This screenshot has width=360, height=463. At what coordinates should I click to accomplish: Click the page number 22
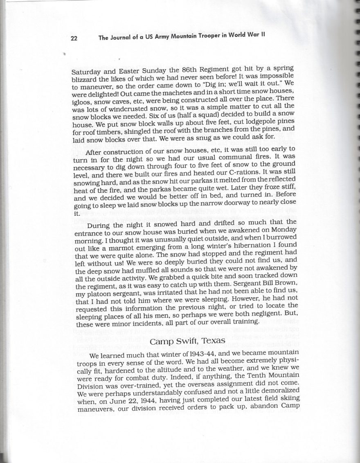tap(74, 38)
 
